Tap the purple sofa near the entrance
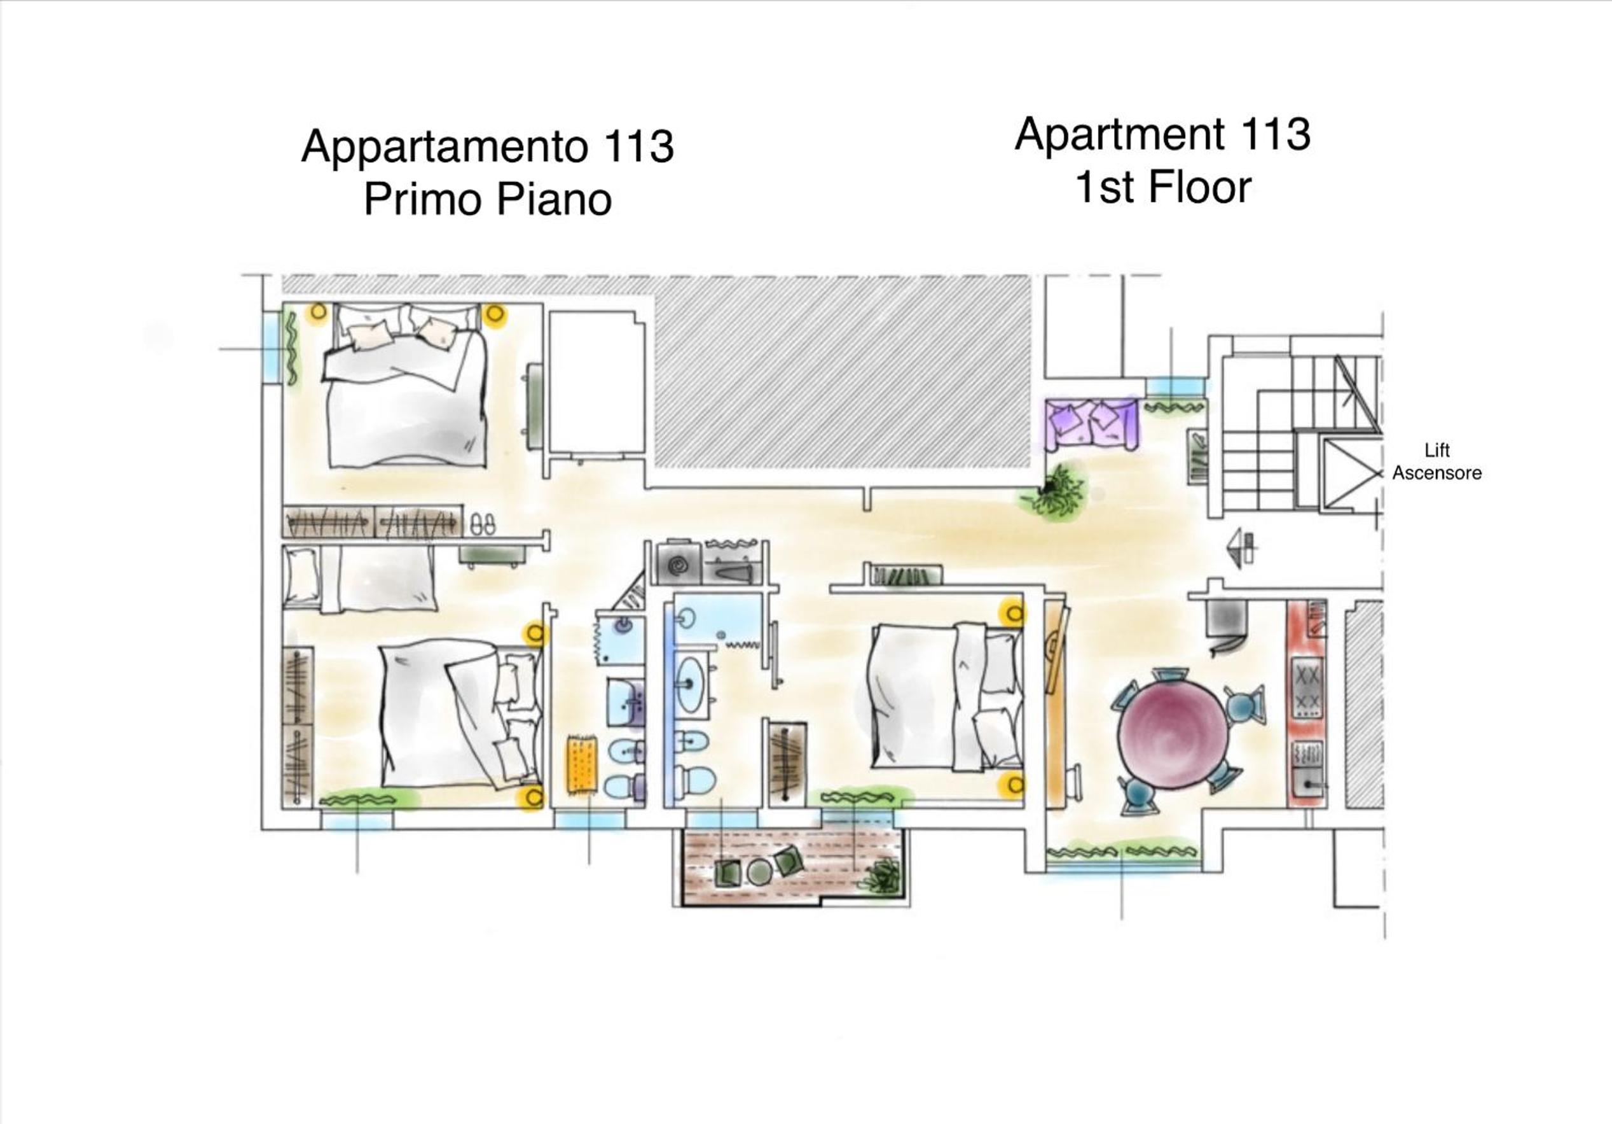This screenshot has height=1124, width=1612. [1091, 425]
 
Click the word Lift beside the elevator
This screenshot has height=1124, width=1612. [1436, 451]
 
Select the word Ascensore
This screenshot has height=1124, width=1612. [1436, 474]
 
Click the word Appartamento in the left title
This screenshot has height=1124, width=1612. [444, 147]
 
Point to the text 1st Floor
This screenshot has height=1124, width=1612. [1163, 188]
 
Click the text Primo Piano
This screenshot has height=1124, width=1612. [487, 199]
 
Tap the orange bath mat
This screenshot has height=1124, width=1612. [581, 765]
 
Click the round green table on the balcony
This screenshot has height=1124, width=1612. [759, 873]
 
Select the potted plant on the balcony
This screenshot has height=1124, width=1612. [881, 876]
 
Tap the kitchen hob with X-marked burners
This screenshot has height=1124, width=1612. [1307, 688]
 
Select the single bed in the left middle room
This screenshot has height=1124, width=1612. [359, 578]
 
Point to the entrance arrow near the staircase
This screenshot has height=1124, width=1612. [1240, 547]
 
